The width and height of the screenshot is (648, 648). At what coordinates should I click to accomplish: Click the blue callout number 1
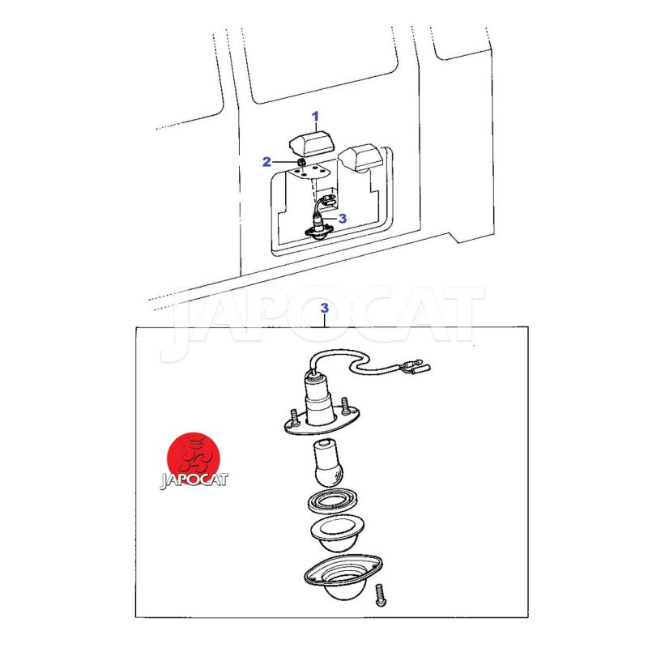point(315,117)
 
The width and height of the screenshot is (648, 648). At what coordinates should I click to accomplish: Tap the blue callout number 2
point(267,161)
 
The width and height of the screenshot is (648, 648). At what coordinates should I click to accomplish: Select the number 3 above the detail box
point(325,308)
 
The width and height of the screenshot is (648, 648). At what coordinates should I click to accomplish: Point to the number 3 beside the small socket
point(342,218)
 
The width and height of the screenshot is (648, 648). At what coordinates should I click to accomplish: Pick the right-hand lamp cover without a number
point(360,157)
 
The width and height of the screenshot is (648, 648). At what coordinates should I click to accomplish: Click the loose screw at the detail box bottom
point(381,595)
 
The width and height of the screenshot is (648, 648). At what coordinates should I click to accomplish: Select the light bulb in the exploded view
point(327,463)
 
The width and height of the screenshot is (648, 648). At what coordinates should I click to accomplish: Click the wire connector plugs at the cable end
point(416,368)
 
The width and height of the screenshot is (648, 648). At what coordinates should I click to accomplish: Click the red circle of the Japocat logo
point(194,459)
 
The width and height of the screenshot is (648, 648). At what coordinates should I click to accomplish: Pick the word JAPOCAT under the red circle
point(194,480)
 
